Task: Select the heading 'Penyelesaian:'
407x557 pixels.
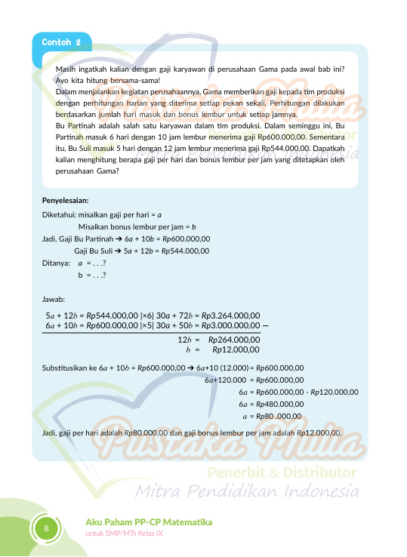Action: point(66,201)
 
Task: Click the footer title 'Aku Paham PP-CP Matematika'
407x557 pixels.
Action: point(149,522)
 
